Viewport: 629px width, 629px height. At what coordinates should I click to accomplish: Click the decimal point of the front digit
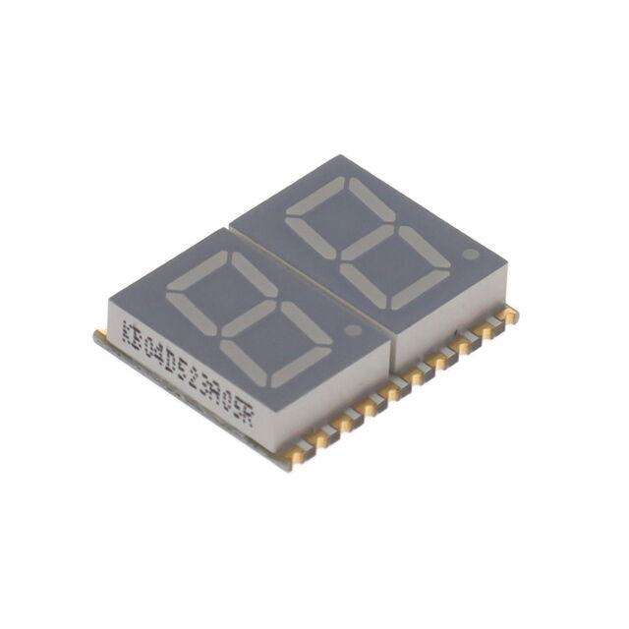355,329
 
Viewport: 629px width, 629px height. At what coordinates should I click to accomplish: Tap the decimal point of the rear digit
470,254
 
